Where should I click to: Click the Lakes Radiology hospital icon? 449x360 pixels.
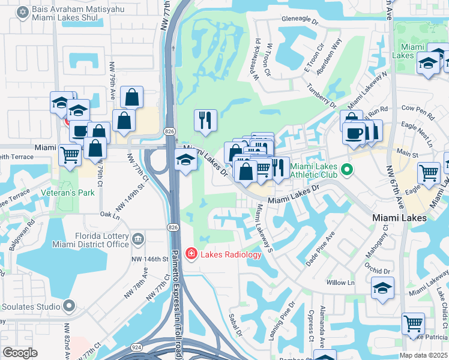click(191, 254)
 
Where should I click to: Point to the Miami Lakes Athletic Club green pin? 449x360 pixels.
click(346, 171)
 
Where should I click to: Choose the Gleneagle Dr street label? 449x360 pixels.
click(298, 20)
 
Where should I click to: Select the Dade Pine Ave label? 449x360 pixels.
click(319, 250)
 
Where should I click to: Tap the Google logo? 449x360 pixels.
click(20, 353)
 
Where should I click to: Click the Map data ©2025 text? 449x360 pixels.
click(424, 355)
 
